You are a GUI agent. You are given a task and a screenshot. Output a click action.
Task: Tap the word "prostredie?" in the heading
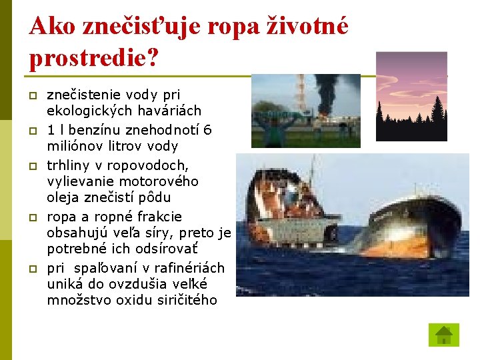coord(94,58)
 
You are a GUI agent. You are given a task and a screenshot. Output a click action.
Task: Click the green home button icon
coord(443,335)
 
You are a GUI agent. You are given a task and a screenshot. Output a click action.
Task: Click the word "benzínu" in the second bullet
coord(99,130)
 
